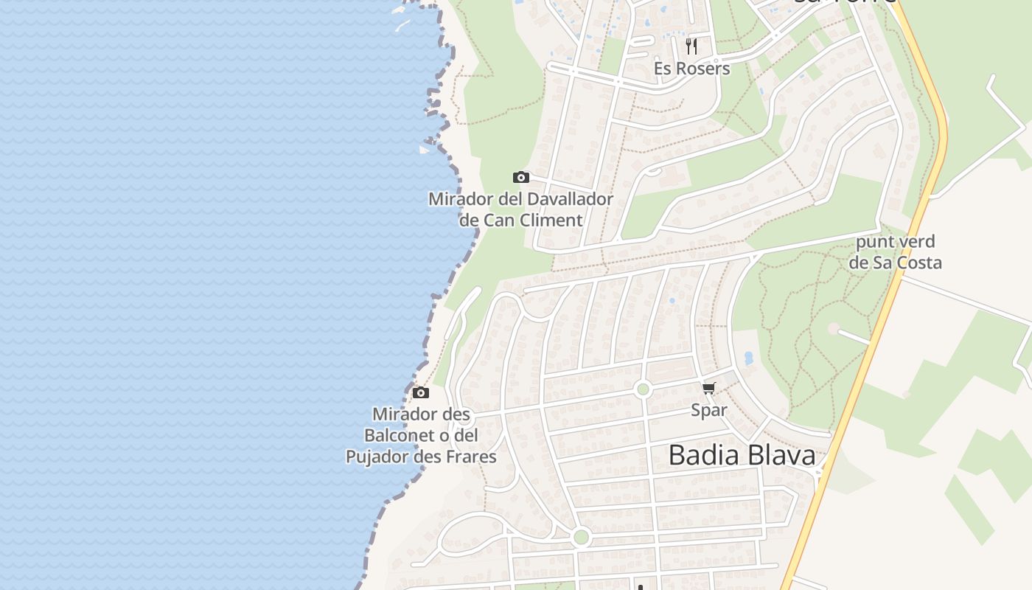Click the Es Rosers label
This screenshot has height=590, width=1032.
coord(691,69)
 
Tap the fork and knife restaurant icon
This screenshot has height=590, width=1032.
coord(691,46)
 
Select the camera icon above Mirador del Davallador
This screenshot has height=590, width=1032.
coord(521,177)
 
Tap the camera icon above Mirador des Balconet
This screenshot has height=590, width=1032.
coord(420,392)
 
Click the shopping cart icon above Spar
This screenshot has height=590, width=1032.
coord(708,389)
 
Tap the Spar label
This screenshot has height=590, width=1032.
coord(709,410)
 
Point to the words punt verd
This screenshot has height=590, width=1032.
coord(895,242)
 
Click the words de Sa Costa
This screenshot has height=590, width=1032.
coord(895,263)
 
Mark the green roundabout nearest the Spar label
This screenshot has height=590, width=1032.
coord(643,389)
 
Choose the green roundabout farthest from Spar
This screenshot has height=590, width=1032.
coord(581,536)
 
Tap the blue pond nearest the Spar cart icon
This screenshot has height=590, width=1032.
coord(749,358)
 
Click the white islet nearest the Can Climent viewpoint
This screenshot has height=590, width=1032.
coord(424,150)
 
